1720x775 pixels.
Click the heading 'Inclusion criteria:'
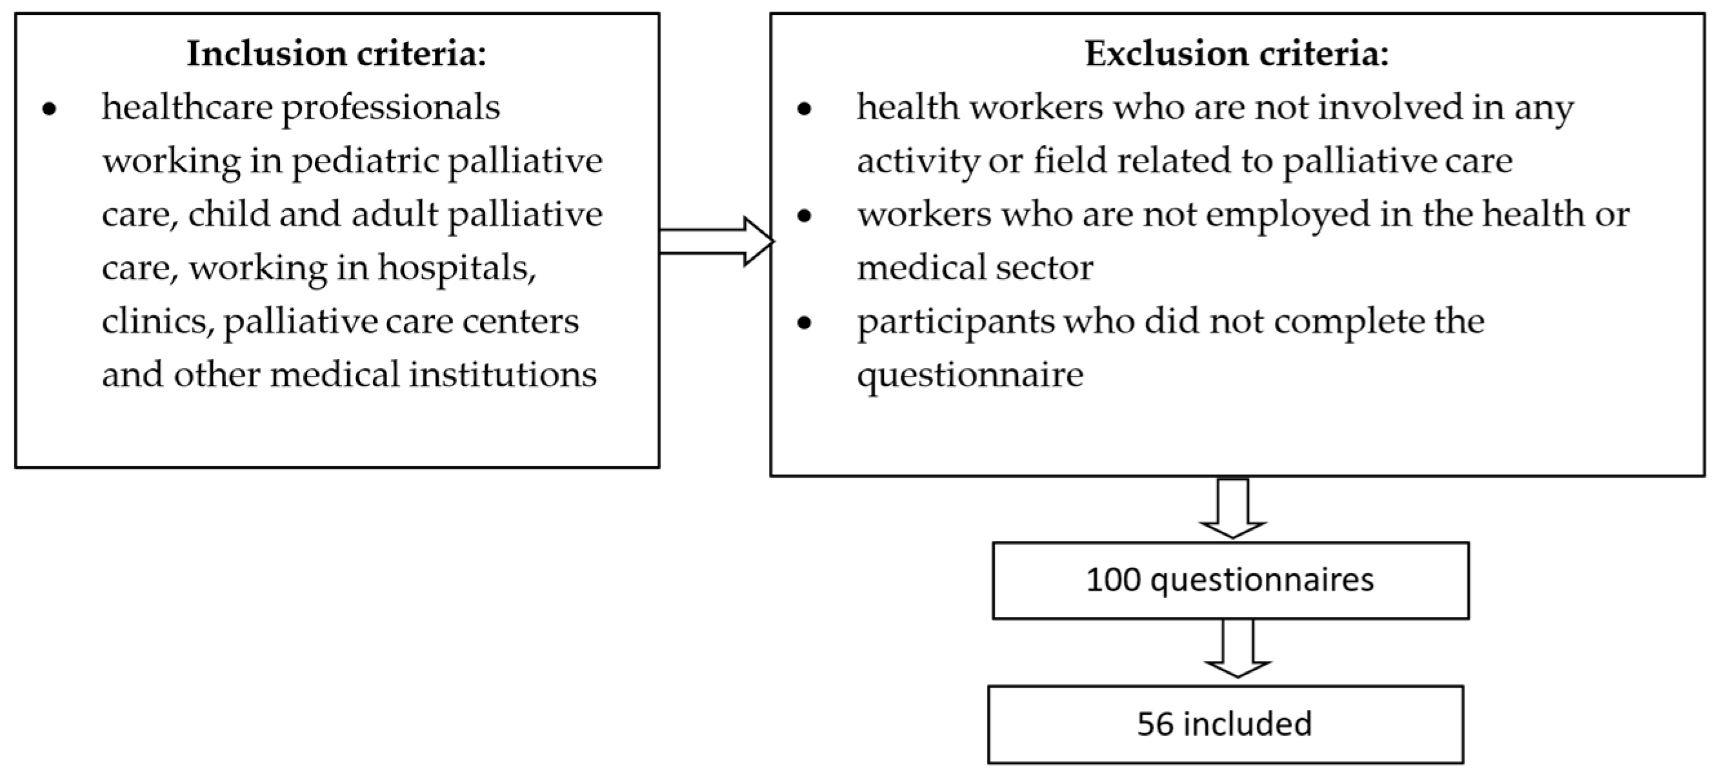[x=337, y=54]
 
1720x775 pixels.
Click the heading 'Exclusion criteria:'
[x=1237, y=54]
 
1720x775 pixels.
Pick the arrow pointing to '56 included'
[x=1237, y=649]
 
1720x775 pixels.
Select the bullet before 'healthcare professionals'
[x=50, y=109]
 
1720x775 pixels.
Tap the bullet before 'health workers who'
[x=805, y=109]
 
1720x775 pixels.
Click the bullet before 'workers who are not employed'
[x=805, y=215]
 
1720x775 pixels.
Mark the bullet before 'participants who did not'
[x=805, y=323]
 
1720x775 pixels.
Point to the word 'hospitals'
[x=457, y=268]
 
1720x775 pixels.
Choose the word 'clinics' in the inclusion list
[x=157, y=322]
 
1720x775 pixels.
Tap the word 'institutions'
[x=503, y=375]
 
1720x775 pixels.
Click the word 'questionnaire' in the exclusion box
[x=970, y=375]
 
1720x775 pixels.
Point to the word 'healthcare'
[x=187, y=108]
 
